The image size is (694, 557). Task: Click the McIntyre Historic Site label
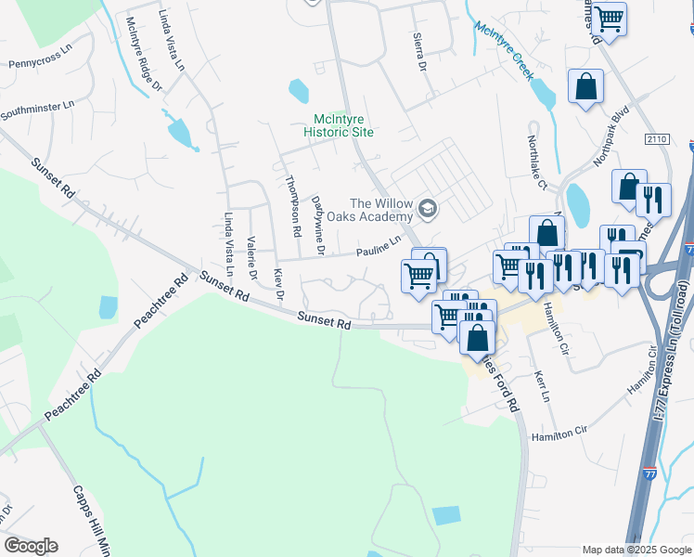342,125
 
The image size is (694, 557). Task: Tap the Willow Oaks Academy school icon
427,207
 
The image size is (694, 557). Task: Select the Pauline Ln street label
380,245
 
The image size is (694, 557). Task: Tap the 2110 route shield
657,138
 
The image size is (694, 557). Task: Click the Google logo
31,546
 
